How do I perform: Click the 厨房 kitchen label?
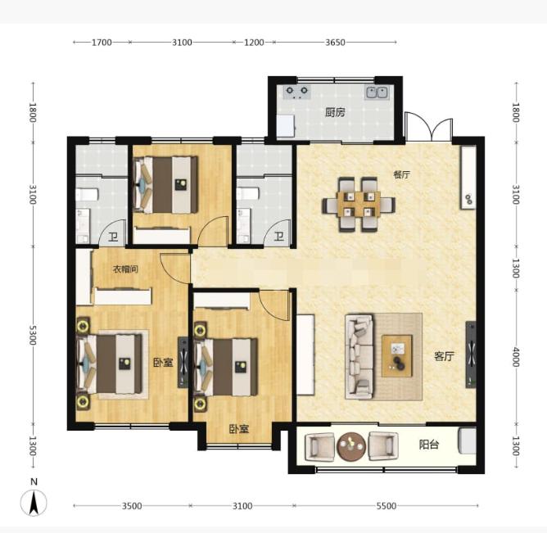(x=335, y=112)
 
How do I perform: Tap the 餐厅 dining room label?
(x=401, y=174)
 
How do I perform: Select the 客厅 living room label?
(x=444, y=356)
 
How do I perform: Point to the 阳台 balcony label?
(x=429, y=445)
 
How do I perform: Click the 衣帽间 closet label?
(x=125, y=269)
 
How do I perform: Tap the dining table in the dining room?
(x=359, y=205)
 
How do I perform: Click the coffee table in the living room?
(x=397, y=356)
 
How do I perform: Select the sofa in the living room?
(x=359, y=356)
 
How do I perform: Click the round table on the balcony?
(x=351, y=447)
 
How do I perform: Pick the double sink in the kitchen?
(x=377, y=93)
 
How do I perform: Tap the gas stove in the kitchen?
(x=297, y=92)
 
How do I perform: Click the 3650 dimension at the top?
(x=335, y=43)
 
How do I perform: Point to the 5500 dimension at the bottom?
(x=387, y=506)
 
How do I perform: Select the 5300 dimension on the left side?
(x=33, y=335)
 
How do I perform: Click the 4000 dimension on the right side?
(x=516, y=357)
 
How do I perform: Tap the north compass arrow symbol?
(x=34, y=503)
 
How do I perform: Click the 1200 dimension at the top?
(x=254, y=43)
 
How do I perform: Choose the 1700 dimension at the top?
(x=102, y=43)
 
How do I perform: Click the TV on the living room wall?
(x=471, y=355)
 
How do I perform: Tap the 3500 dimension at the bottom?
(x=132, y=506)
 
